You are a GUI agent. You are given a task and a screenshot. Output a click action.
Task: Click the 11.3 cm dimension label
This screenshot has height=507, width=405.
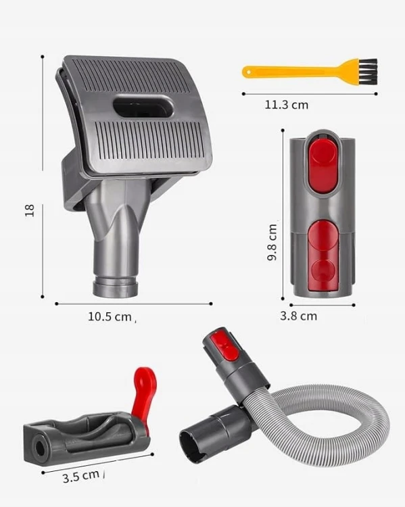click(x=287, y=105)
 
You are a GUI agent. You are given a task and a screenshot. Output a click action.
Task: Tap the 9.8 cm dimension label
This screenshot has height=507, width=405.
click(x=272, y=243)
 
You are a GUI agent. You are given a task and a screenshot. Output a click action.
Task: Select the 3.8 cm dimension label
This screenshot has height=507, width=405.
click(x=299, y=316)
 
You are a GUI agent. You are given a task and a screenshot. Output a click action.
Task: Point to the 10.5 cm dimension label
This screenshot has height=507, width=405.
click(x=110, y=316)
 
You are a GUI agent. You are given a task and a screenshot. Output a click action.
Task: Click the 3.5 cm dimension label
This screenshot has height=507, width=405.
click(x=81, y=477)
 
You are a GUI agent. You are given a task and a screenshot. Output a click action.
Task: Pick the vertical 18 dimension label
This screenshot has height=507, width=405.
click(x=30, y=210)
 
